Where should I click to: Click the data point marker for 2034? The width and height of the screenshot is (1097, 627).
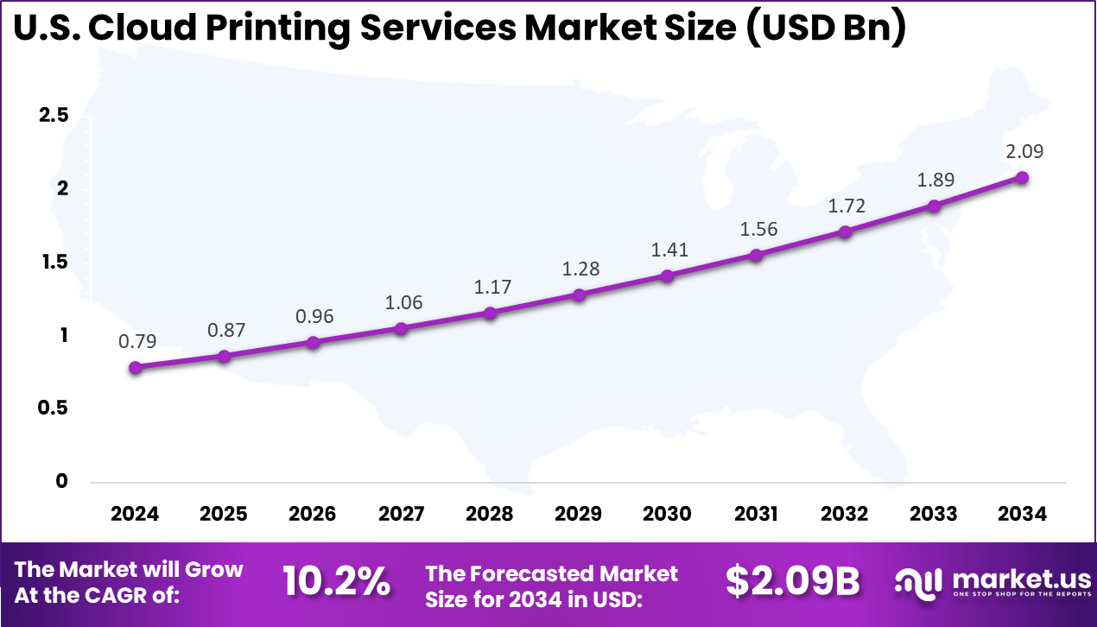(x=1022, y=177)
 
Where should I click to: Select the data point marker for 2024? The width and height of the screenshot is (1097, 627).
(x=135, y=367)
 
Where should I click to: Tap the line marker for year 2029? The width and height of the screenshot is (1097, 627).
(x=579, y=294)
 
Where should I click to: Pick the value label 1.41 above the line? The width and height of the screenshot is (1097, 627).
(x=668, y=250)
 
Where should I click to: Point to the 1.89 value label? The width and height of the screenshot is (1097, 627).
(x=934, y=180)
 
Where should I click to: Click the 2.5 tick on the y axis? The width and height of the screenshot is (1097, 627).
(x=54, y=116)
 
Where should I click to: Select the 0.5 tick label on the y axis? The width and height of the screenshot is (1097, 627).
(x=54, y=408)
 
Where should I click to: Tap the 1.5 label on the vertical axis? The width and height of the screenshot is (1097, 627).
(x=54, y=262)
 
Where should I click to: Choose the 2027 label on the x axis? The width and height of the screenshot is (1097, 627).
(x=402, y=514)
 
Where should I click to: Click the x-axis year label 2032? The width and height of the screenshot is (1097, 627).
(x=845, y=514)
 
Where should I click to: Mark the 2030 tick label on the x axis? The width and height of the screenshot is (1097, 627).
(x=668, y=514)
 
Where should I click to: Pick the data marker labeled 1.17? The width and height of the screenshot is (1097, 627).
(x=490, y=313)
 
